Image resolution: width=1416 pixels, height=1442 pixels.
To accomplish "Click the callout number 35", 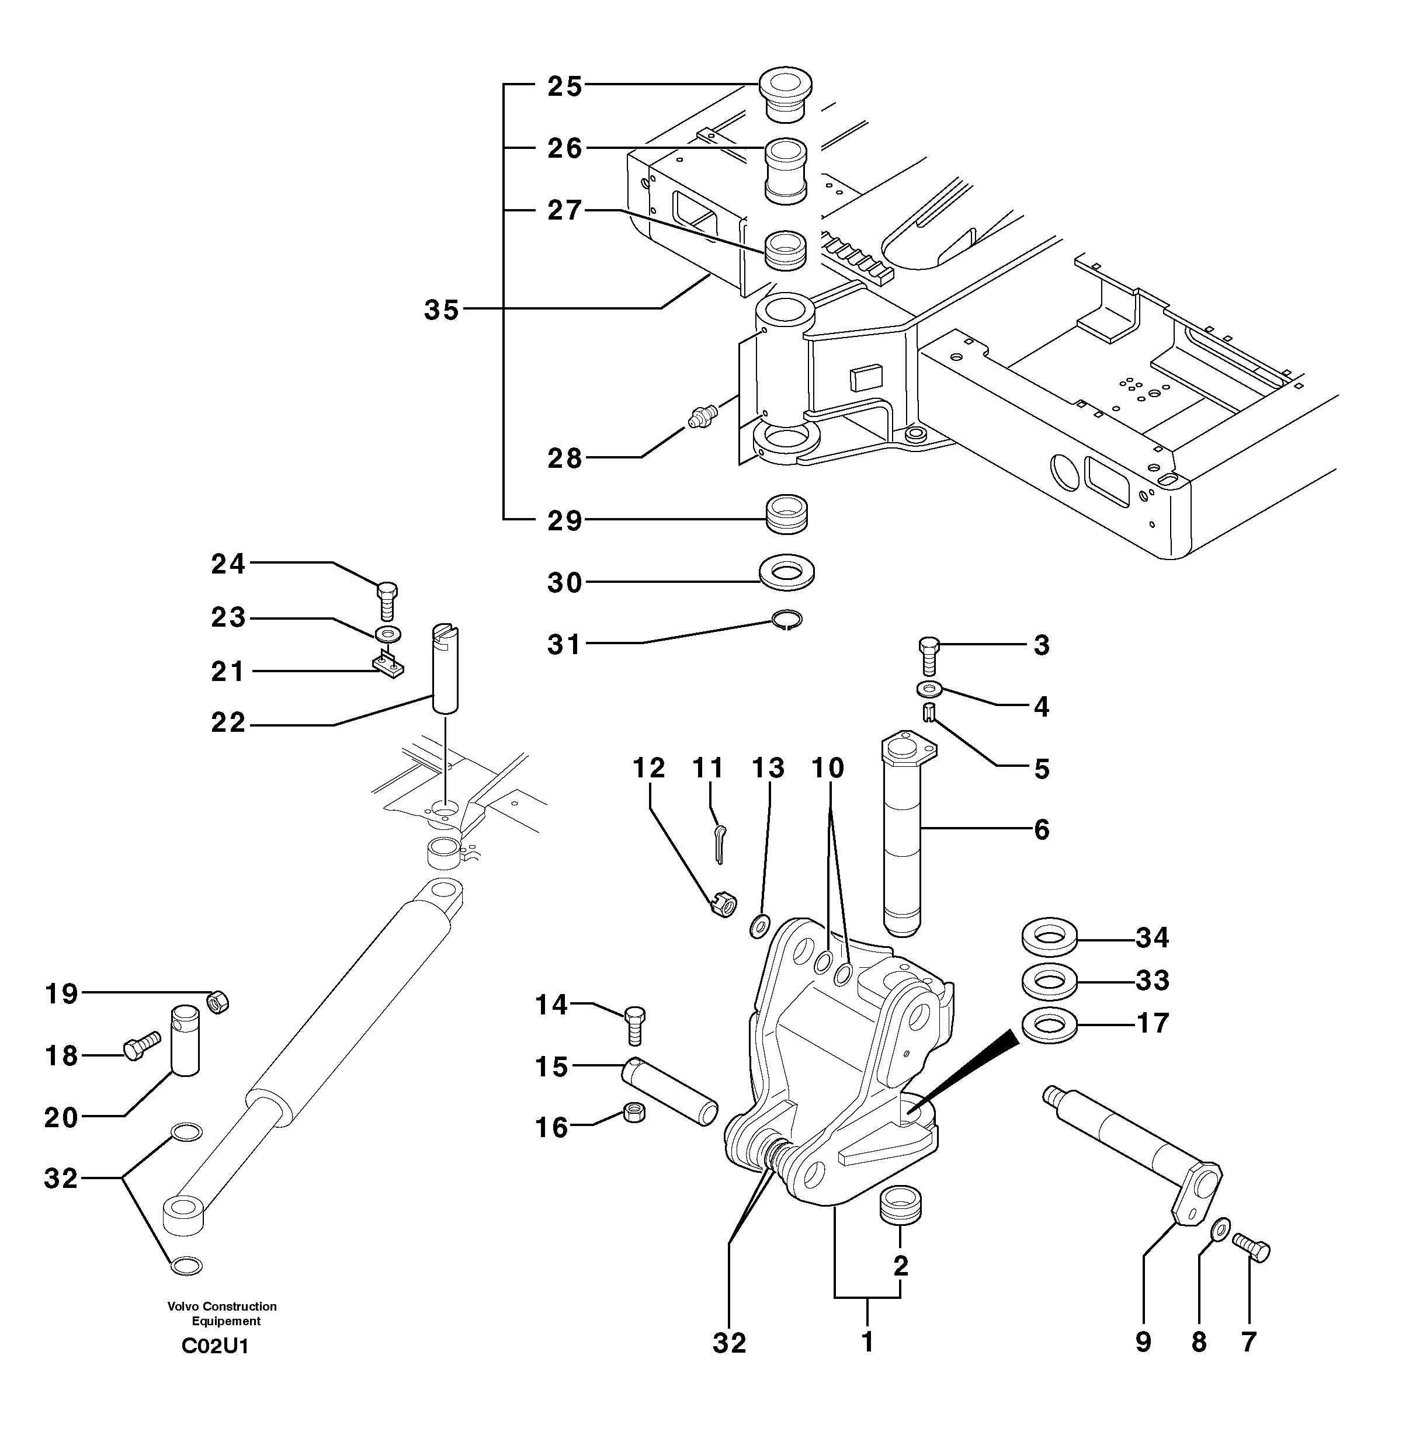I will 442,310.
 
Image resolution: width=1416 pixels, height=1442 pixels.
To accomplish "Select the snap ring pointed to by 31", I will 787,620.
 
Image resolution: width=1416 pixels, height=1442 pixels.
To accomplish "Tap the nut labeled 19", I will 218,1002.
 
